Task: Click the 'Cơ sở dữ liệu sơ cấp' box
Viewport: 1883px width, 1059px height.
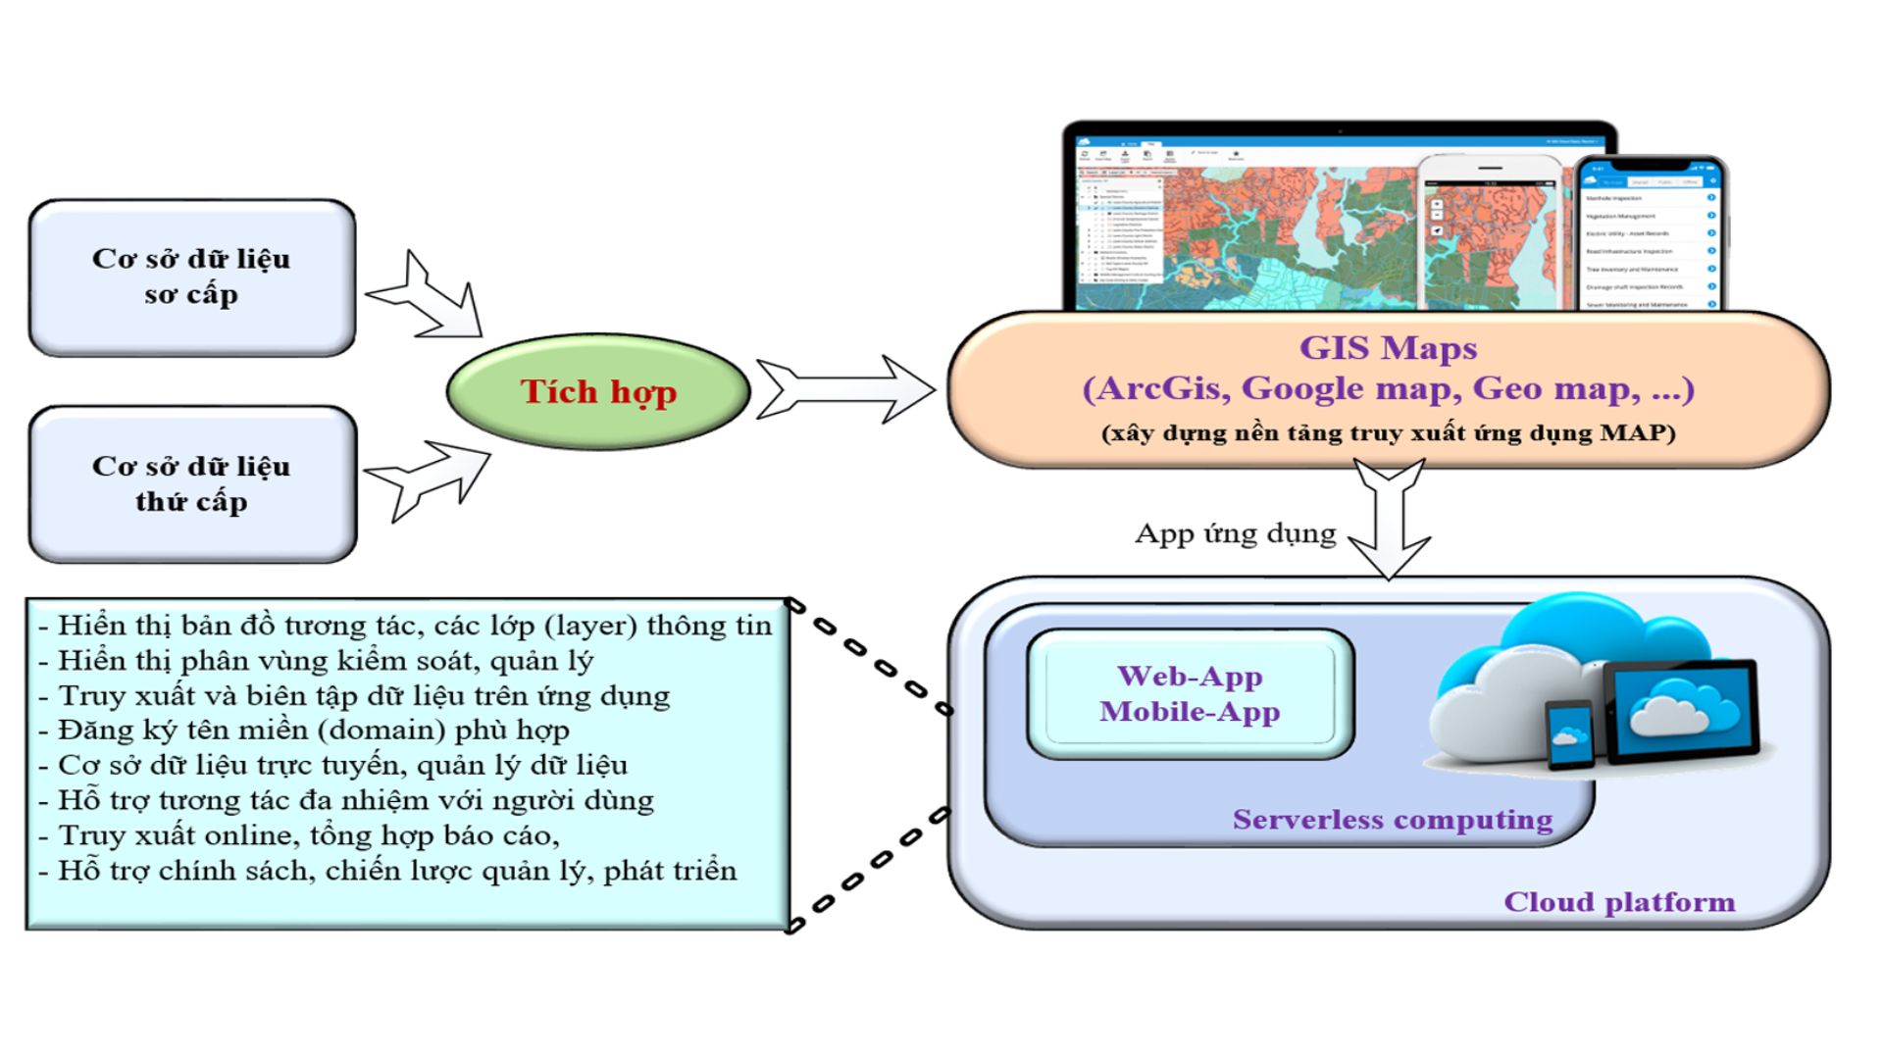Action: click(x=191, y=277)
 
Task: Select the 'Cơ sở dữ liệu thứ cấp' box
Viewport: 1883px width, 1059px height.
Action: click(x=191, y=484)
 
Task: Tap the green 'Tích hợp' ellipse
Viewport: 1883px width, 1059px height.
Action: click(x=597, y=391)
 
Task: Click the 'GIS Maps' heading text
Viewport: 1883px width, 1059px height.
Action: click(x=1388, y=348)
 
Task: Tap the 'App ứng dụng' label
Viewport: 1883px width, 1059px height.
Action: click(x=1235, y=534)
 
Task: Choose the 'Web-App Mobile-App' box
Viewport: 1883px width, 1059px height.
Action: click(x=1190, y=694)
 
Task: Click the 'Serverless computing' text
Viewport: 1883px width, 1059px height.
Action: click(x=1392, y=820)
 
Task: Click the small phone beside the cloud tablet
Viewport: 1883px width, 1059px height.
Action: click(x=1570, y=734)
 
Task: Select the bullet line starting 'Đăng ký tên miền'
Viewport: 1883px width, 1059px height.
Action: click(x=314, y=731)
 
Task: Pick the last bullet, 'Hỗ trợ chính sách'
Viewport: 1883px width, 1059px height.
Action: click(x=397, y=871)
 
